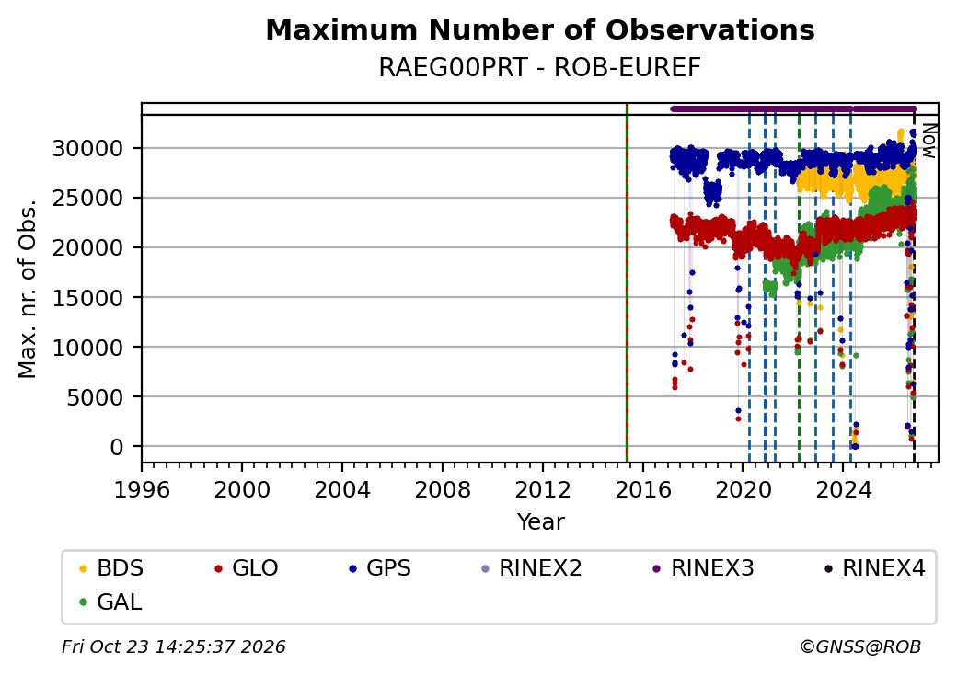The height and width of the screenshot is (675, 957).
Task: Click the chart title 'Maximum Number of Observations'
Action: (x=540, y=29)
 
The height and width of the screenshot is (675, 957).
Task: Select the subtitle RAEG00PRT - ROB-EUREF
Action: (x=540, y=68)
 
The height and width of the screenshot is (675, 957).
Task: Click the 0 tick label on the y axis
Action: (x=117, y=447)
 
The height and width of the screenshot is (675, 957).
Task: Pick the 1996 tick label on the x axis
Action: (x=143, y=489)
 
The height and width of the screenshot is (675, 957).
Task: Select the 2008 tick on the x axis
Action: (x=443, y=489)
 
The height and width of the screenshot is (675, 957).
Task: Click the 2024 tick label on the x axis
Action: (x=843, y=489)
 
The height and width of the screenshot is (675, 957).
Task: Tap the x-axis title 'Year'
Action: (x=541, y=522)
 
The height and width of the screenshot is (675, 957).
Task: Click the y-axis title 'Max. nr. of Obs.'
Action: (x=28, y=289)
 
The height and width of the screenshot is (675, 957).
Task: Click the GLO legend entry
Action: (x=247, y=568)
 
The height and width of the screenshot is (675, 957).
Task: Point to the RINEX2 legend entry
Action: (x=532, y=568)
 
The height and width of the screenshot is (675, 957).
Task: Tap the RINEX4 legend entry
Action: (x=874, y=568)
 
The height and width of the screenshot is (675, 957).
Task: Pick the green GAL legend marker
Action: (x=84, y=602)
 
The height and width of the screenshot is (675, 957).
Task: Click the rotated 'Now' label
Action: (x=929, y=141)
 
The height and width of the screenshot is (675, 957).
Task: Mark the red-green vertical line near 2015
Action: (x=627, y=283)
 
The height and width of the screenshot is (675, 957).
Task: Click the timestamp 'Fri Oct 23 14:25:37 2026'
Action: (x=174, y=646)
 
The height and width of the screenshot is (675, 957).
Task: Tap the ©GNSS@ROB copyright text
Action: (x=860, y=646)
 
